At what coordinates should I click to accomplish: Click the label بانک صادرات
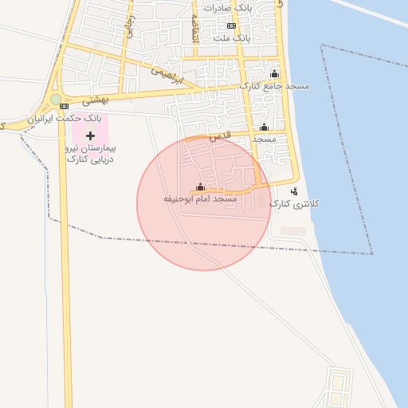(229, 8)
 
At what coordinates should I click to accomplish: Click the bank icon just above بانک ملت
(231, 25)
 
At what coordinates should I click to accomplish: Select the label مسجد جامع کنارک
(275, 85)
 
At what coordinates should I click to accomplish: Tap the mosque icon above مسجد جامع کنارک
(275, 74)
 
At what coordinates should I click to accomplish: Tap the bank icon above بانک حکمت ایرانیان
(64, 106)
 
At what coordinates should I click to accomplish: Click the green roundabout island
(55, 100)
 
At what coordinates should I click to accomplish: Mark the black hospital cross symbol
(89, 135)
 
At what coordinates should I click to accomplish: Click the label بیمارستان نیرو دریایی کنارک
(89, 154)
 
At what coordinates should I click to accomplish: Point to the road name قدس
(219, 137)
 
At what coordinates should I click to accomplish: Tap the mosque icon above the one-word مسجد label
(264, 127)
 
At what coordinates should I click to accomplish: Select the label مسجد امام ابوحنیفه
(200, 198)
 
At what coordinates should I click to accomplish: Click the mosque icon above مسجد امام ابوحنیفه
(199, 187)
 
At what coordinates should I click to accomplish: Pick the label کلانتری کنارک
(294, 204)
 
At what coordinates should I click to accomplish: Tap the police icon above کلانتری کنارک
(294, 191)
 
